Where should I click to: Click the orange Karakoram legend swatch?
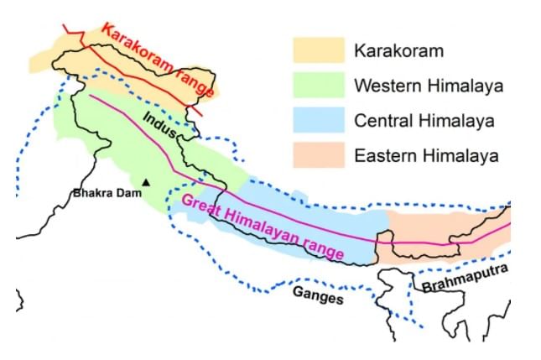318,50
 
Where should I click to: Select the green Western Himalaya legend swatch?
318,85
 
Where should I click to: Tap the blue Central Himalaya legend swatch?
318,120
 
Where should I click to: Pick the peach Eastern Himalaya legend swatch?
318,155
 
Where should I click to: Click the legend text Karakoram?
398,51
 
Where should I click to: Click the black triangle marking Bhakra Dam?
146,182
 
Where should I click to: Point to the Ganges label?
318,294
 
